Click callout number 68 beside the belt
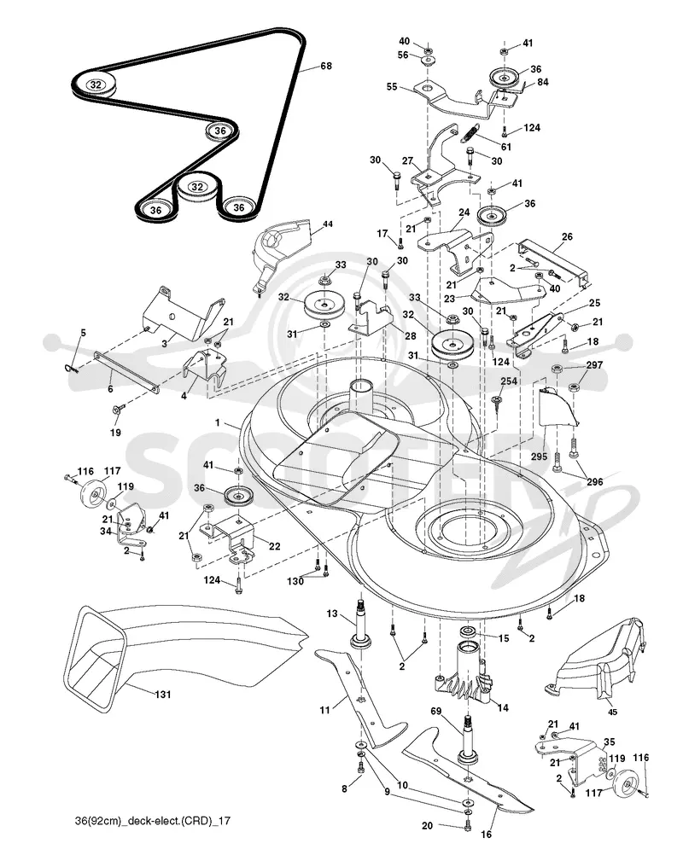325,66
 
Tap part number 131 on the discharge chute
162,694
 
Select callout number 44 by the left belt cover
327,224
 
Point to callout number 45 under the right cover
613,712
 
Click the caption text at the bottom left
152,820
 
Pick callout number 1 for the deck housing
218,422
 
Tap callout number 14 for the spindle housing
502,707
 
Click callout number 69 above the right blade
436,711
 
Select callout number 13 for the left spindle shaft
332,614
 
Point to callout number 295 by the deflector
539,456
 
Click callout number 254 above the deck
509,381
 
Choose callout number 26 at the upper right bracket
567,236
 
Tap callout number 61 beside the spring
505,147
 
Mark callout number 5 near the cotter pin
83,333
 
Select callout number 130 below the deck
295,581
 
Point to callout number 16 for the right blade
486,834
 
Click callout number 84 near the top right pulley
542,82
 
